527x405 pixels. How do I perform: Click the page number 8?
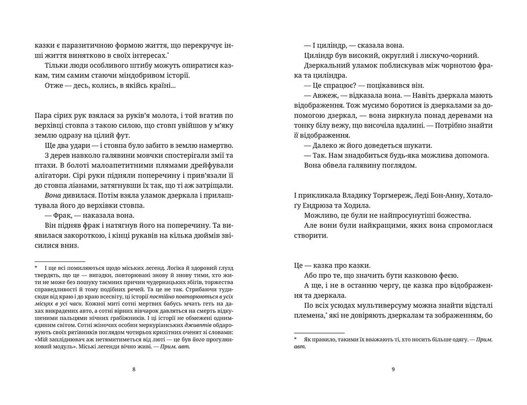134,369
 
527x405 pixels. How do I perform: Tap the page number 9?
393,369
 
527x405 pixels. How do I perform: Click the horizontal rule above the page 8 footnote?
60,262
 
